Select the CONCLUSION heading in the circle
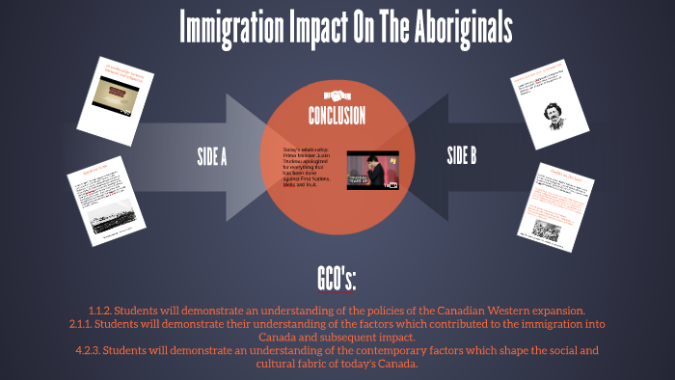coord(337,117)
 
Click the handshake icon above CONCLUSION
coord(337,95)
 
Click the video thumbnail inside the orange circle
coord(372,170)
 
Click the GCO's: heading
coord(337,280)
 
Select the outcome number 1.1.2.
coord(102,310)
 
